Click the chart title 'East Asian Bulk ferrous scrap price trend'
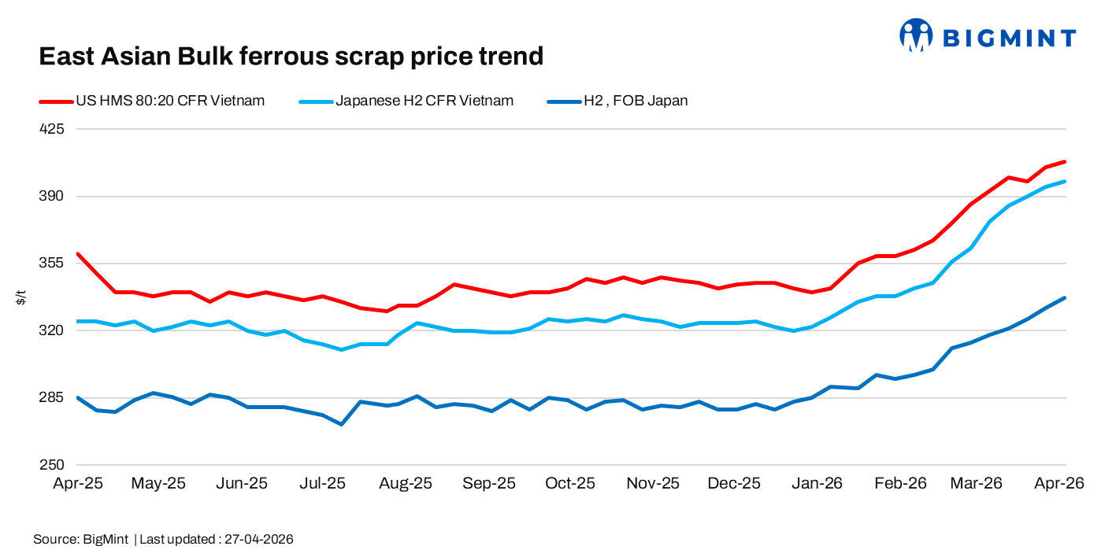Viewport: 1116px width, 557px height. tap(291, 57)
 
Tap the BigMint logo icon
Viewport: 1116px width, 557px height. tap(916, 36)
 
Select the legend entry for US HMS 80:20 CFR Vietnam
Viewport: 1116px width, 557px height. tap(169, 101)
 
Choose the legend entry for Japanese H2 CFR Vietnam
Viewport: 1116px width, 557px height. tap(425, 101)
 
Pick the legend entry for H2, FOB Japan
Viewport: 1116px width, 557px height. tap(635, 101)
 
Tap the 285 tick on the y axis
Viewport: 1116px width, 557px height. tap(51, 397)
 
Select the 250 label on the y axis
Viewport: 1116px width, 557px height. tap(51, 464)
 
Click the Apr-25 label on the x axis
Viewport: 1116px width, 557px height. tap(78, 484)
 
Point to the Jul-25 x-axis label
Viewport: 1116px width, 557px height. tap(323, 484)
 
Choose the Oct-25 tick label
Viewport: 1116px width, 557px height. tap(570, 484)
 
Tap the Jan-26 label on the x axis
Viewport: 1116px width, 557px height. tap(818, 484)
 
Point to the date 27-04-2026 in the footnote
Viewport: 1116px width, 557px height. tap(259, 540)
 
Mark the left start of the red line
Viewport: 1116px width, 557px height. tap(77, 253)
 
